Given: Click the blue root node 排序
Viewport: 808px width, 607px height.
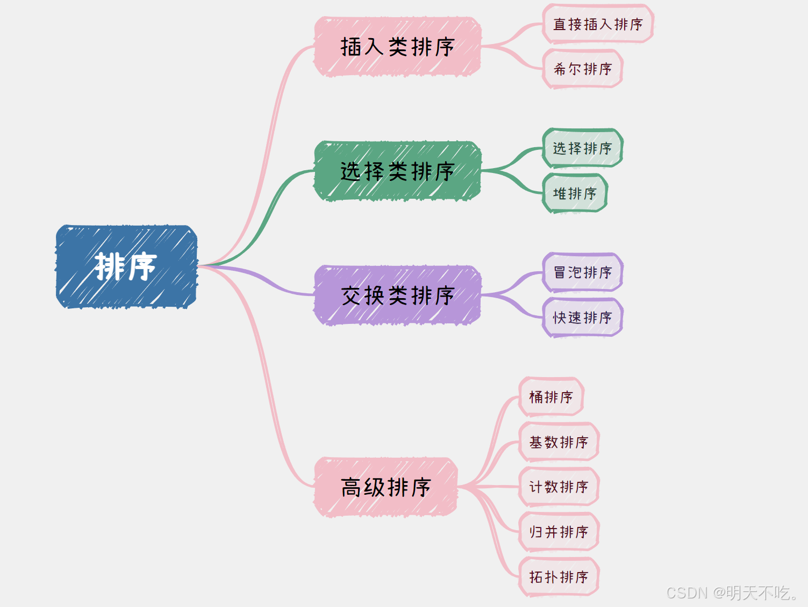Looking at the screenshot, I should [126, 266].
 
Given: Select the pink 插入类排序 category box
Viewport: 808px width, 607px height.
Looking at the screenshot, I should [397, 47].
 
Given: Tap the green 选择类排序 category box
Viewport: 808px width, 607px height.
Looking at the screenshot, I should [397, 171].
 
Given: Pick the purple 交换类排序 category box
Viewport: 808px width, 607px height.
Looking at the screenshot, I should [397, 295].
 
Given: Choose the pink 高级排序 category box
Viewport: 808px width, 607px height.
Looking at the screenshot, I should [385, 487].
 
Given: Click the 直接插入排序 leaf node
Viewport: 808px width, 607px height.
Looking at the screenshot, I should [598, 24].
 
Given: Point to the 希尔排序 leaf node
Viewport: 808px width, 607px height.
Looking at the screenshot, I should [583, 69].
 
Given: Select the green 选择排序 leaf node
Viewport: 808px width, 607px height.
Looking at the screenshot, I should [583, 148].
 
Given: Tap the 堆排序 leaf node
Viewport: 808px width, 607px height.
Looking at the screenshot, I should [575, 193].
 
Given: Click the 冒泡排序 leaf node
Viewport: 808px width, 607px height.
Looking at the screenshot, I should [583, 272].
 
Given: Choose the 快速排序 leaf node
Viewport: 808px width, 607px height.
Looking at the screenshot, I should [583, 317].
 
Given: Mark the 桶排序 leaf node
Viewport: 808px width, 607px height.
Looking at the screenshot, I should [551, 397].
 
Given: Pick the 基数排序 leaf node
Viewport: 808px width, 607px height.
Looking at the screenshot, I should [559, 442].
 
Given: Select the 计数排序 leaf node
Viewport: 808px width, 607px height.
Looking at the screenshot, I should [559, 487].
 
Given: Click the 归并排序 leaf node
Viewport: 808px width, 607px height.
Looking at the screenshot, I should [559, 532].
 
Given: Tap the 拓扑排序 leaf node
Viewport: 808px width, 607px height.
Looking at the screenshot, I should [559, 577].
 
